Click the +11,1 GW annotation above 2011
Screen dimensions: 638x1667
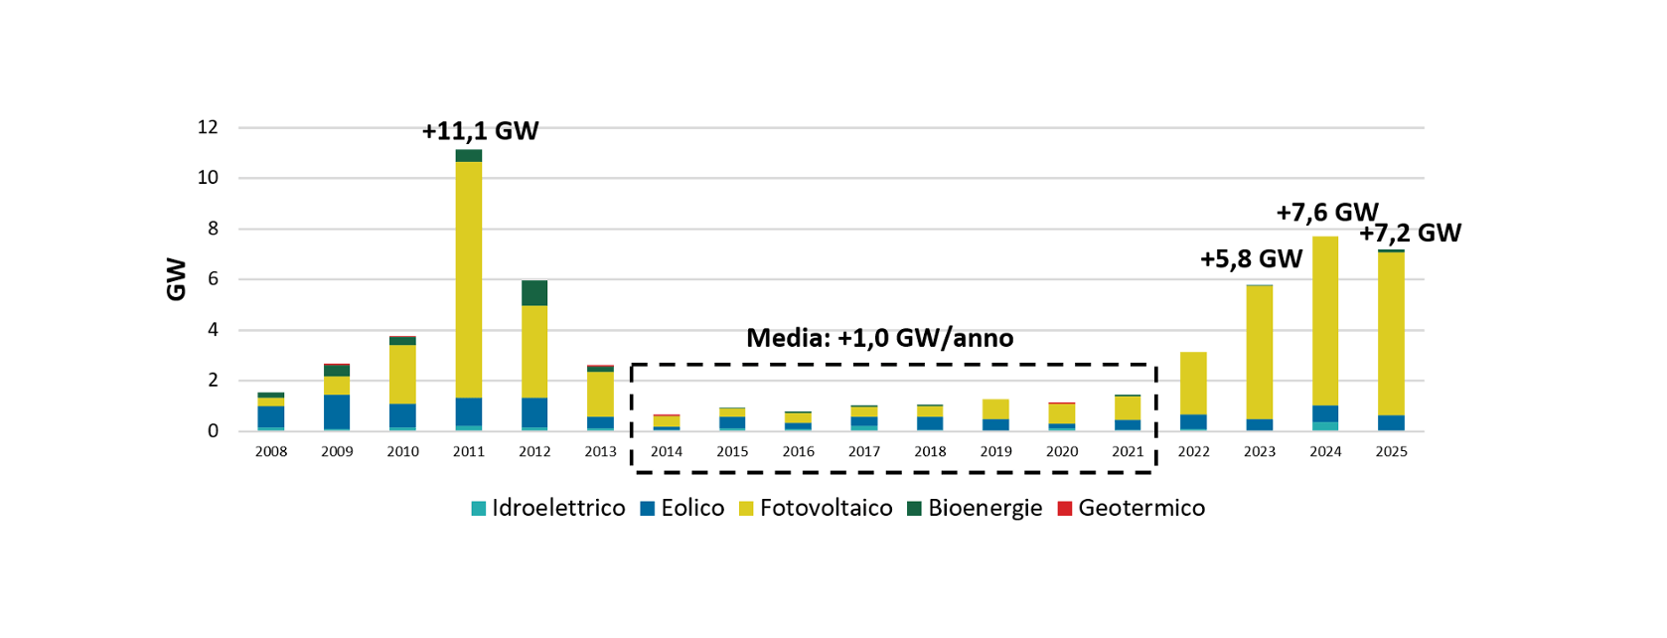[480, 131]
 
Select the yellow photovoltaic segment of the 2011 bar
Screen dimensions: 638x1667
[469, 279]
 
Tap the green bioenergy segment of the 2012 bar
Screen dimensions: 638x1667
[534, 293]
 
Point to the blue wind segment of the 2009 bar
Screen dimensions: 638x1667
[337, 411]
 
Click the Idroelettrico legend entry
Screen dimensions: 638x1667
[548, 508]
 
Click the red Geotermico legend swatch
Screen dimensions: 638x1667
[1065, 509]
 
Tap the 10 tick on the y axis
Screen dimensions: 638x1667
[208, 178]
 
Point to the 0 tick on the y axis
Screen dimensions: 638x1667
[213, 431]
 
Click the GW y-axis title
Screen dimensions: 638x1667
[177, 279]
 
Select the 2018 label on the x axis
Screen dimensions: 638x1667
[930, 451]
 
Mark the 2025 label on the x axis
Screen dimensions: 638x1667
[1391, 451]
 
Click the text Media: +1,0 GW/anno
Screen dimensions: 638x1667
[879, 338]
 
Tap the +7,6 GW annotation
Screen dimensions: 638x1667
[1326, 213]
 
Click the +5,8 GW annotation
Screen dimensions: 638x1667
[1251, 259]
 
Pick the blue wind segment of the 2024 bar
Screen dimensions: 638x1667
[1325, 413]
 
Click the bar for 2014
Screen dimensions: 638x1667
[667, 422]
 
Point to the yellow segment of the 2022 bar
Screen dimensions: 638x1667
[1193, 383]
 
